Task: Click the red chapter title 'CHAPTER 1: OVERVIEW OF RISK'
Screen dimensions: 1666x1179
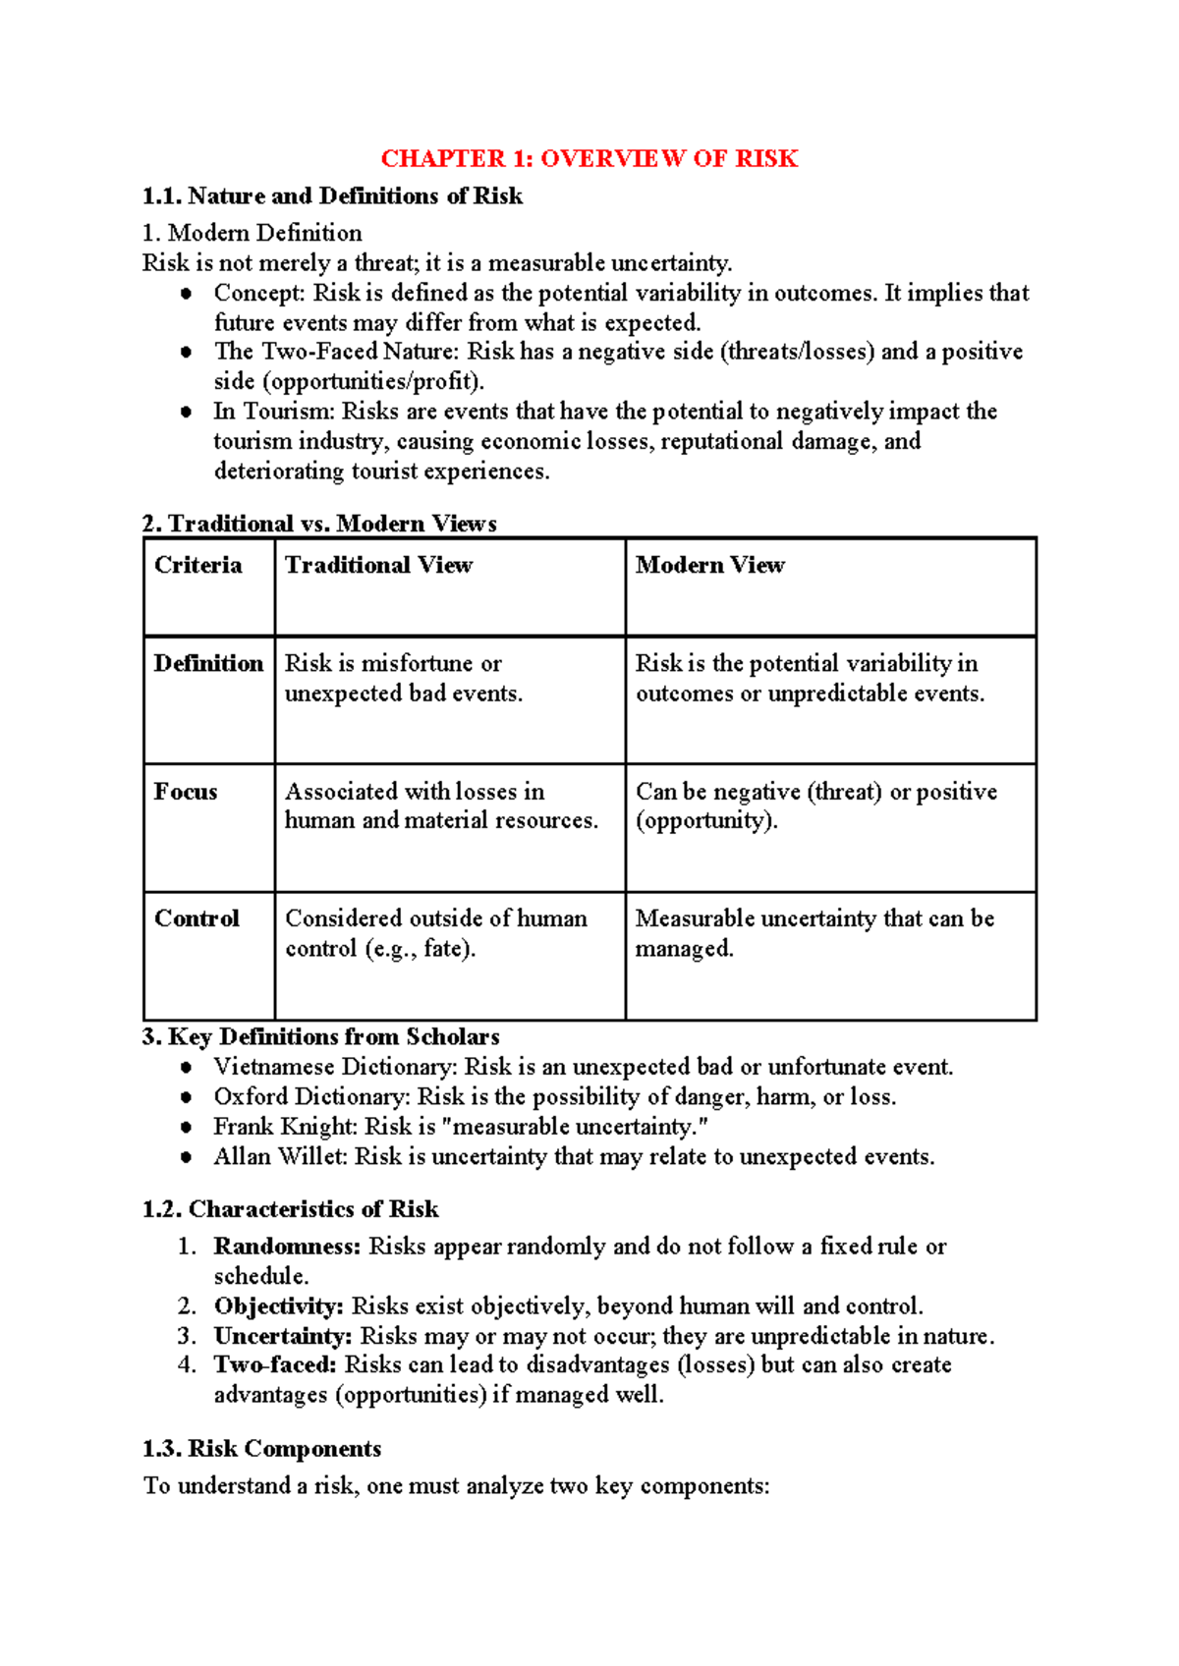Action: pos(589,158)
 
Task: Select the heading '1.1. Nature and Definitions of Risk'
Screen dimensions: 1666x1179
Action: pos(332,195)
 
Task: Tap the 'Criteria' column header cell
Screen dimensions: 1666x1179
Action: pos(197,565)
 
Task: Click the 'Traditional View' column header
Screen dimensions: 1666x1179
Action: pos(378,565)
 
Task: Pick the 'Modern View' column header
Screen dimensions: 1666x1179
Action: pos(709,565)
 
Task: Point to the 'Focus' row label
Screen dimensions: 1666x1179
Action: pos(186,792)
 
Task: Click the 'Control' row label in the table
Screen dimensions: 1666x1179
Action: pos(196,918)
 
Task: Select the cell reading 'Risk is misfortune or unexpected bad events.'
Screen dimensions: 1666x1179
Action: pos(403,679)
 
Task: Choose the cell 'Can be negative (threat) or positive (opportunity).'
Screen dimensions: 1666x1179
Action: pos(815,805)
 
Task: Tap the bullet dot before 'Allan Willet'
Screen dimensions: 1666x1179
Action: pos(186,1157)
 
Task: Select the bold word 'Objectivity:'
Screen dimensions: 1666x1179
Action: pos(278,1306)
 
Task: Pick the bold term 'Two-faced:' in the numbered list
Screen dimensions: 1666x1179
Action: pos(275,1365)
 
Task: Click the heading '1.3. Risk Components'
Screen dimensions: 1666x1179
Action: pos(261,1449)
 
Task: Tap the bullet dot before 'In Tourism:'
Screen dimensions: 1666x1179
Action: pos(186,412)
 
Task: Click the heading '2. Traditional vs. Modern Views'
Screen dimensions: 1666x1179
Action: pos(318,524)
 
